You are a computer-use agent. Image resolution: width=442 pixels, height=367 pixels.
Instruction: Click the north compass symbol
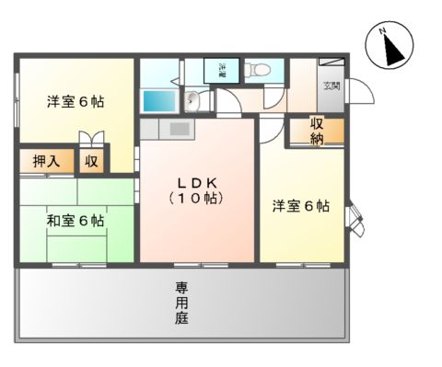(x=390, y=45)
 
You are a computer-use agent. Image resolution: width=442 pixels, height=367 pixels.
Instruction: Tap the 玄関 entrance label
(x=330, y=86)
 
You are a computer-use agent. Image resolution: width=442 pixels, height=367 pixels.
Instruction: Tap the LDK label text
(x=197, y=180)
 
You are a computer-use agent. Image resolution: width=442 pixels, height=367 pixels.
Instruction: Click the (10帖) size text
(x=197, y=197)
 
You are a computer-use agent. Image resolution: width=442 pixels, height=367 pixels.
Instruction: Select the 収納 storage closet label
(x=318, y=131)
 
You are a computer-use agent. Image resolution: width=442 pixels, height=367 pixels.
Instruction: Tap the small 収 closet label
(x=92, y=161)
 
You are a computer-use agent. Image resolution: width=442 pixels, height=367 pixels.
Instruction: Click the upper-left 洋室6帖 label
(x=76, y=102)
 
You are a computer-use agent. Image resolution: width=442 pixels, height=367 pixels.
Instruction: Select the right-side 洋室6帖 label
(x=300, y=206)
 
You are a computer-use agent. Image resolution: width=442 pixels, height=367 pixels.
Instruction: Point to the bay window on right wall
(x=354, y=218)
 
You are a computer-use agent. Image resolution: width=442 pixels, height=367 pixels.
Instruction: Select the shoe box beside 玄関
(x=332, y=66)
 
